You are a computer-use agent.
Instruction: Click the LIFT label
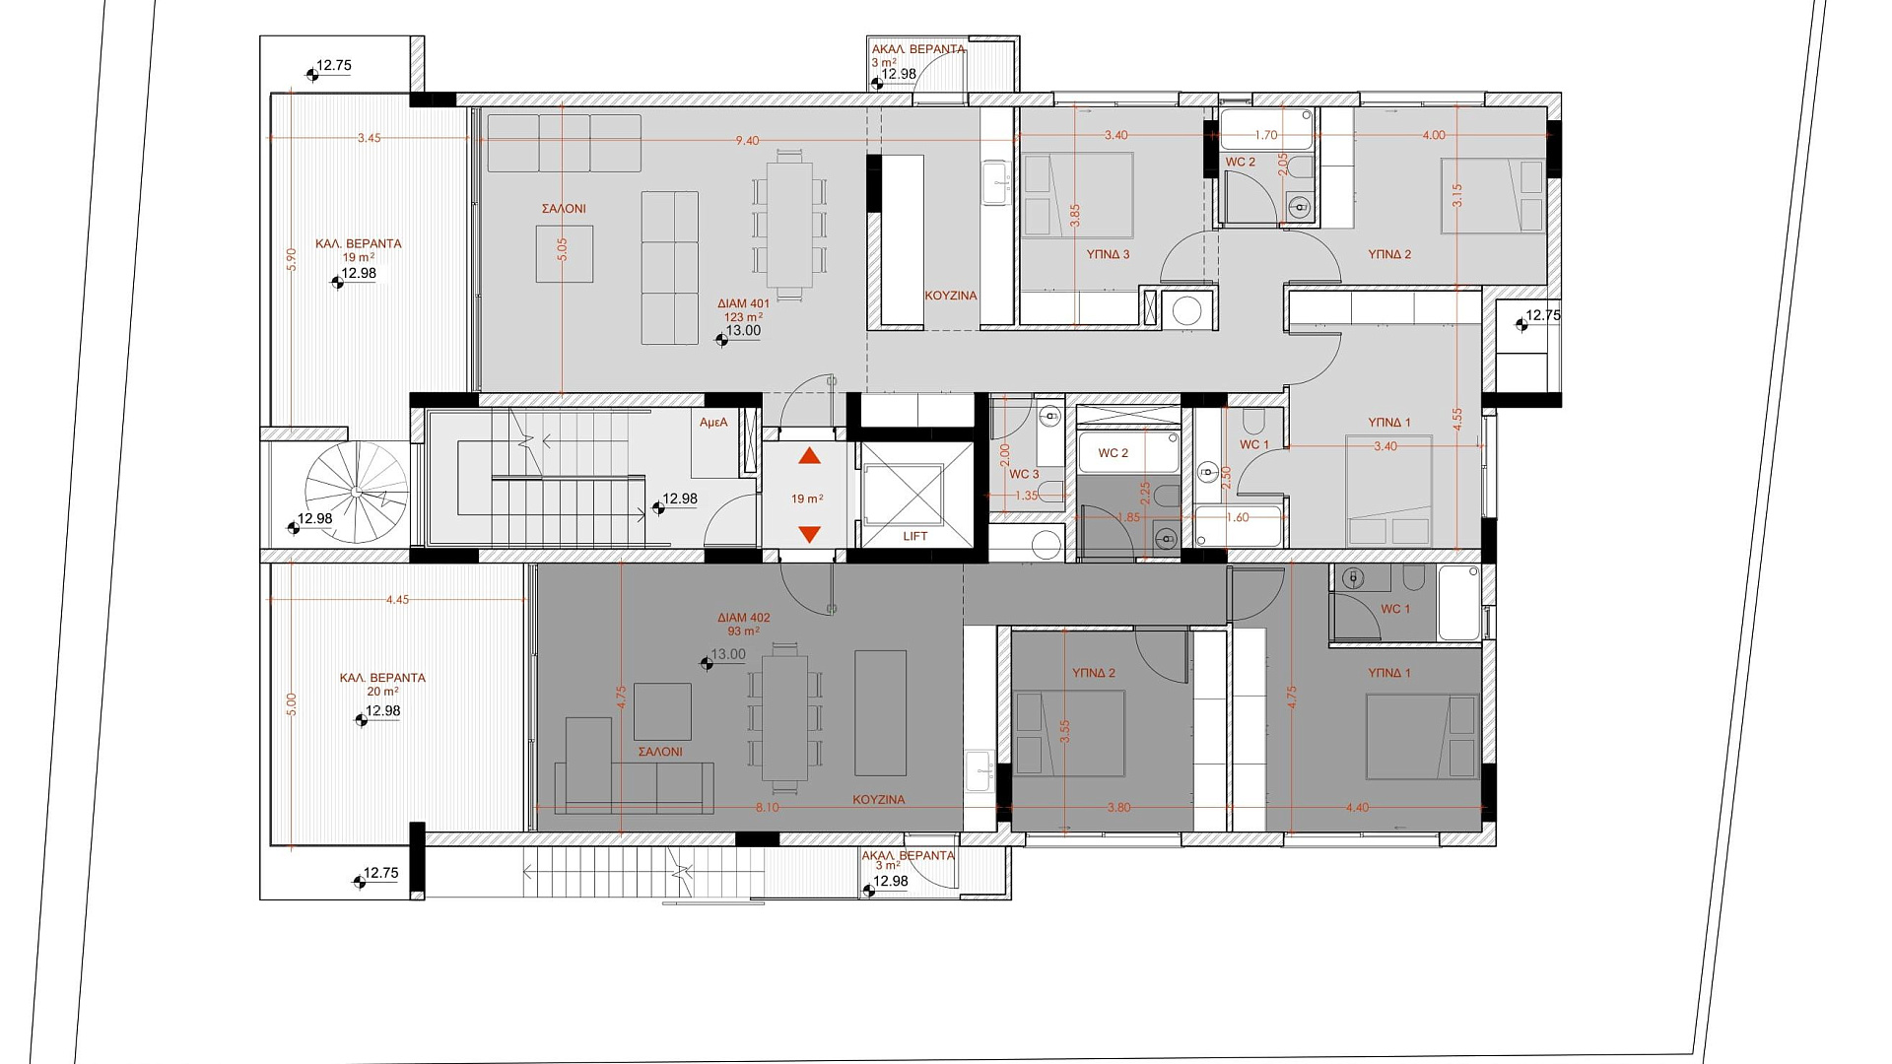(915, 537)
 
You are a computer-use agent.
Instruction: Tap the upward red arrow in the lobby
(809, 455)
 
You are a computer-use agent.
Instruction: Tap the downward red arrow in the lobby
(809, 535)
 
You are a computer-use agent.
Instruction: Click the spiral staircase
(356, 492)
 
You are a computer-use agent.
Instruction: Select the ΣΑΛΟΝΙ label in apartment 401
(564, 209)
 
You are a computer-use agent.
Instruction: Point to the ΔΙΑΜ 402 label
(744, 618)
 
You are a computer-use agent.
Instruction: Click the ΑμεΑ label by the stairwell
(713, 423)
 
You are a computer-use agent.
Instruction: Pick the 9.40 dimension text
(747, 141)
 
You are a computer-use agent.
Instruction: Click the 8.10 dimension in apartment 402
(767, 808)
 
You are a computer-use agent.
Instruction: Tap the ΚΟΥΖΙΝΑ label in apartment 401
(951, 296)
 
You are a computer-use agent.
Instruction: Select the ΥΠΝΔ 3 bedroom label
(1108, 254)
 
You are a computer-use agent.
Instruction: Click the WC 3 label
(1024, 475)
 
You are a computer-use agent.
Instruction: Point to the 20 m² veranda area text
(382, 692)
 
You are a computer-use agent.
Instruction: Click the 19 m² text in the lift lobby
(807, 499)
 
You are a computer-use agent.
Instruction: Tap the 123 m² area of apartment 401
(744, 317)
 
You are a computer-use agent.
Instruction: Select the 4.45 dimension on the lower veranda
(397, 600)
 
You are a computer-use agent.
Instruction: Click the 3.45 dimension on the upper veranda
(369, 139)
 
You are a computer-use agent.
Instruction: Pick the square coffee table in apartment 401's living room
(565, 254)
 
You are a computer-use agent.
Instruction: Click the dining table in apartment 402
(784, 716)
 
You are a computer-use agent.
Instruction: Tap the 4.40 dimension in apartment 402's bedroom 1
(1357, 808)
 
